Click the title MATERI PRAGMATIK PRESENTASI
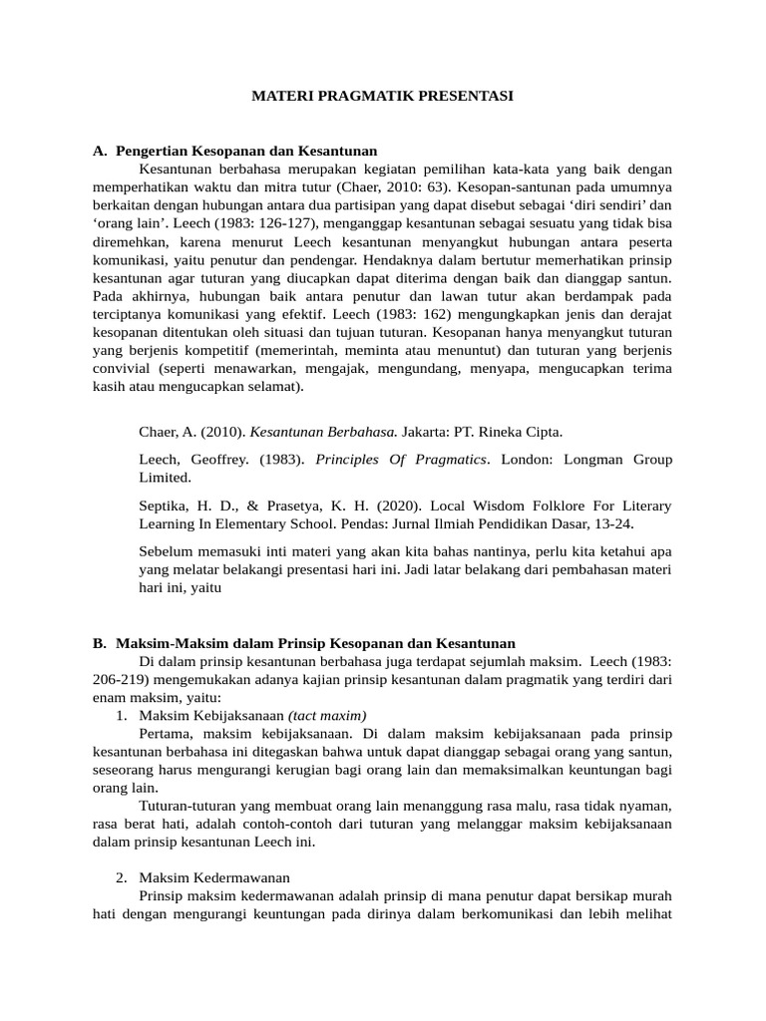pos(382,97)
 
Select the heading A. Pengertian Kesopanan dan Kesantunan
pos(235,151)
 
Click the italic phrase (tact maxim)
pos(327,715)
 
